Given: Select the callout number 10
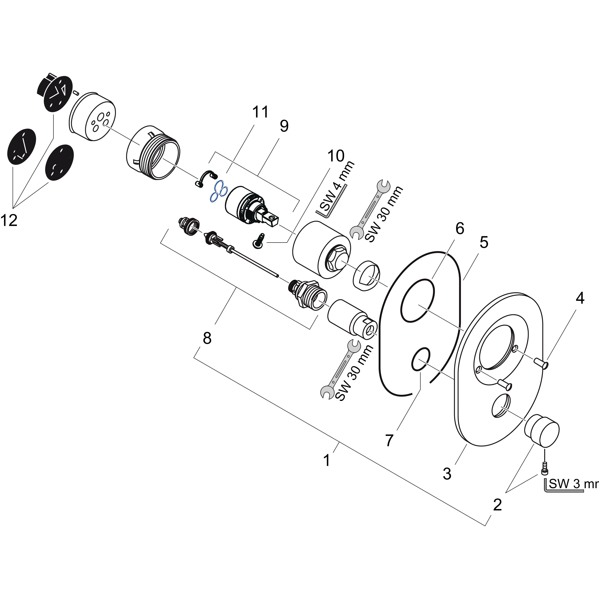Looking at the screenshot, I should click(336, 156).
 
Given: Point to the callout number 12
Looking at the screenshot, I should click(9, 221).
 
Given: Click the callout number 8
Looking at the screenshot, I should click(207, 338).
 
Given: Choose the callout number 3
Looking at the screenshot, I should click(447, 474).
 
